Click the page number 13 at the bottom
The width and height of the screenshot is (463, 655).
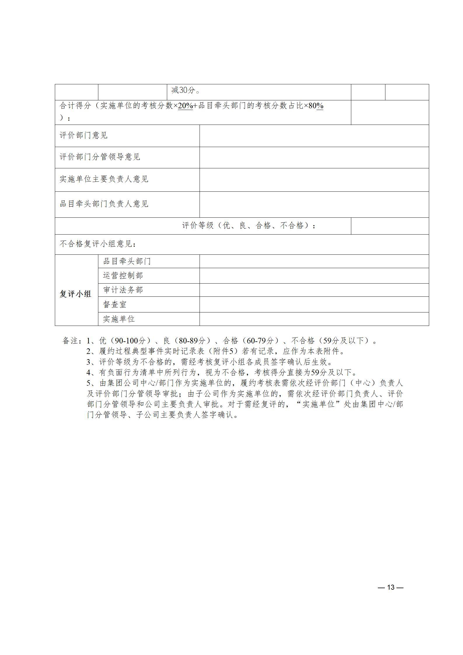click(x=390, y=587)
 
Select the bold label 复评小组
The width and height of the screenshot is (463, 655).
click(x=76, y=294)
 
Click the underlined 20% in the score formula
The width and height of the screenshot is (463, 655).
click(x=185, y=106)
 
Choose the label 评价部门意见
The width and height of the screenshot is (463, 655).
click(x=84, y=135)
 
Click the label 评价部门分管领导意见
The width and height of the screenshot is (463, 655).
click(x=100, y=157)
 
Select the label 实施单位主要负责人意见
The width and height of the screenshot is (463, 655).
click(x=104, y=179)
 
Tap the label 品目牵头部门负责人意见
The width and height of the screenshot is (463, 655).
click(x=104, y=204)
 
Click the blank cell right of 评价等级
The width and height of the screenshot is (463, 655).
click(x=389, y=226)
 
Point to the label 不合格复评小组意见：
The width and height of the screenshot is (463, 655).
click(x=98, y=244)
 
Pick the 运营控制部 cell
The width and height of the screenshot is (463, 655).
click(x=123, y=275)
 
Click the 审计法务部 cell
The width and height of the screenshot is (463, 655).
click(x=123, y=290)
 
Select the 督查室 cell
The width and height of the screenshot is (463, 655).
click(x=115, y=304)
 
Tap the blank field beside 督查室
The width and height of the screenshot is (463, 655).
click(x=314, y=304)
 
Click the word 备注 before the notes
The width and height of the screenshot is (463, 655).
click(x=70, y=341)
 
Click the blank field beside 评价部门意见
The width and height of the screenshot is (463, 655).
click(x=314, y=136)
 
